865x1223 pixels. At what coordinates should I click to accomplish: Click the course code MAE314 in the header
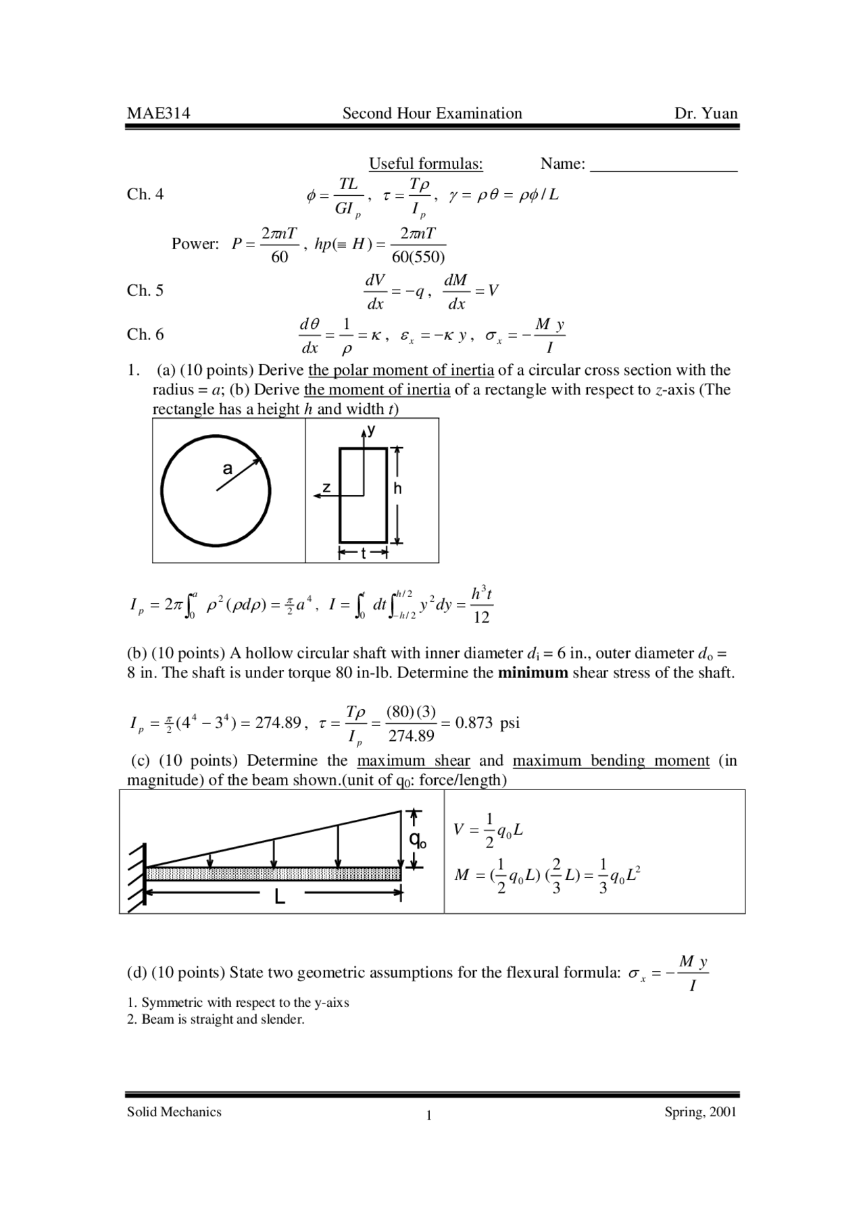pos(158,113)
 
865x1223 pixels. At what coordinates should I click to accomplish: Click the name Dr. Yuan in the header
pos(706,113)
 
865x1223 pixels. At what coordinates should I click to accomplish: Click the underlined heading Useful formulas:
pos(426,164)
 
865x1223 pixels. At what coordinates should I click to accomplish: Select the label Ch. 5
pos(145,290)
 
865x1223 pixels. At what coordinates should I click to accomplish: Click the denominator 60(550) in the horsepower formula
pos(418,257)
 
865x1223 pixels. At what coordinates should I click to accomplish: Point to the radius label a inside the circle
pos(227,469)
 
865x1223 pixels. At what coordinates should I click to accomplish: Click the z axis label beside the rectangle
pos(326,487)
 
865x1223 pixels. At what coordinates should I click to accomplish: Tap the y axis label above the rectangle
pos(372,430)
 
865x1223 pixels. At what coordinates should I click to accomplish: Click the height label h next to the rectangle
pos(397,488)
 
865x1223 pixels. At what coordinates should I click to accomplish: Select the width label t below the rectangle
pos(363,554)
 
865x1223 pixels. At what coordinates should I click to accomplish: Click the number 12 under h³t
pos(481,617)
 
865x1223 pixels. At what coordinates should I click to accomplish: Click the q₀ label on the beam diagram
pos(418,841)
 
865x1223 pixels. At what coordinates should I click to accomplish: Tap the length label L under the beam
pos(280,898)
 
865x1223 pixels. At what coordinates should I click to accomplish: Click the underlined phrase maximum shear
pos(413,760)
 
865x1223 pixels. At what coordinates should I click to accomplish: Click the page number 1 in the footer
pos(428,1115)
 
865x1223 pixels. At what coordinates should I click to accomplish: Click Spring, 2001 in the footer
pos(700,1112)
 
